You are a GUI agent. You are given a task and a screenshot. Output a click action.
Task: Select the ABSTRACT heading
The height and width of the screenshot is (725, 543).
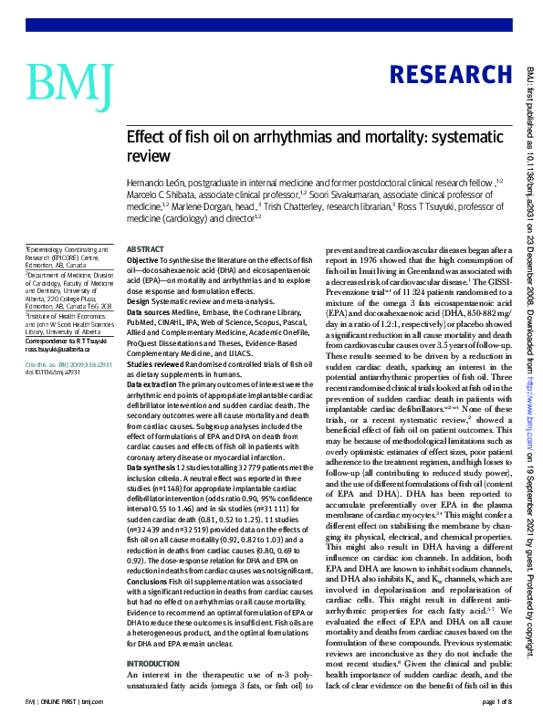(144, 249)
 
